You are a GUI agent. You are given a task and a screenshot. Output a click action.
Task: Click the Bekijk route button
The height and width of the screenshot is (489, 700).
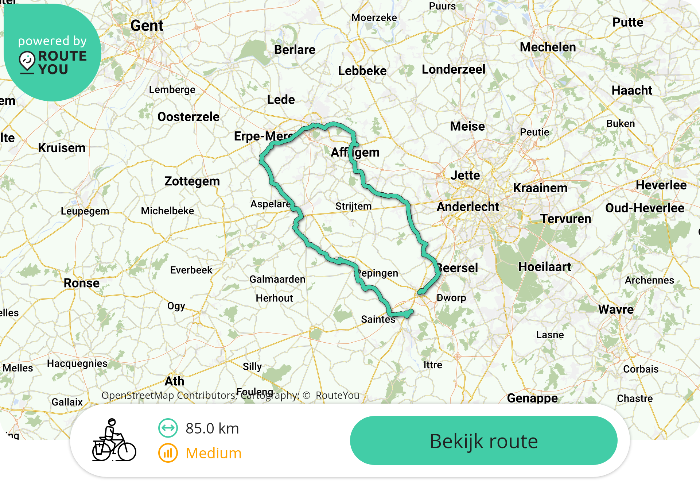click(x=483, y=441)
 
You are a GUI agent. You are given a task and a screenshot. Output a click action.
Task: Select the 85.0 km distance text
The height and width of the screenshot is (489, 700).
click(x=212, y=428)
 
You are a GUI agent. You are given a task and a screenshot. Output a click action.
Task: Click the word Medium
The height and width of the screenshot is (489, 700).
click(x=213, y=453)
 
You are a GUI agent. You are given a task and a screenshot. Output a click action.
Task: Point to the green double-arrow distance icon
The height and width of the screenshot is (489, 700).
click(x=168, y=428)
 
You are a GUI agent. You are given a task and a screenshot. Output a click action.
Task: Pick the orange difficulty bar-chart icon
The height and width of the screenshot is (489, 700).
click(x=168, y=453)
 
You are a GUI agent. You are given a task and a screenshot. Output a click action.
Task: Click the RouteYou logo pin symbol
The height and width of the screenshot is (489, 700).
click(x=27, y=62)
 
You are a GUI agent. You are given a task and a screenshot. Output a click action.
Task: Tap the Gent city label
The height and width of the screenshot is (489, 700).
click(x=147, y=26)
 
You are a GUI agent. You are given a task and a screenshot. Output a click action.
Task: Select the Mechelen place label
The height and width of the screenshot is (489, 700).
click(x=548, y=47)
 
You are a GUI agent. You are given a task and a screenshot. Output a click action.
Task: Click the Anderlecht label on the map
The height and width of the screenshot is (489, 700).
click(x=468, y=207)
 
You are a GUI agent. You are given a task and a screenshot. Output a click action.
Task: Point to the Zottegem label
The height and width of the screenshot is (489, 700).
click(x=192, y=181)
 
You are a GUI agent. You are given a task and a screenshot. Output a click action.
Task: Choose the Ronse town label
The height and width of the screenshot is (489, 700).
click(x=82, y=283)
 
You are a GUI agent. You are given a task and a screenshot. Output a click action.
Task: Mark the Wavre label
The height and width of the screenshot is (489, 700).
click(x=616, y=309)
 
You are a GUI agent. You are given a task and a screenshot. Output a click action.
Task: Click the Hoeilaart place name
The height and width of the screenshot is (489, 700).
click(x=545, y=267)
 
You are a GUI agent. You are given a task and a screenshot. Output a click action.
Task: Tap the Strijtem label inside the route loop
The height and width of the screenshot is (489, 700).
click(x=353, y=206)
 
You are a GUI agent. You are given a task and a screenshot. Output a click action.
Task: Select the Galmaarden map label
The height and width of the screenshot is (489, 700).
click(x=277, y=279)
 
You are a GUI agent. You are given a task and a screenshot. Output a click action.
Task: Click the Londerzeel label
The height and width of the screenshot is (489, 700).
click(x=453, y=69)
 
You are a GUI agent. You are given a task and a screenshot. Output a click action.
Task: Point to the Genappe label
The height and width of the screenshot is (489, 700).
click(x=532, y=398)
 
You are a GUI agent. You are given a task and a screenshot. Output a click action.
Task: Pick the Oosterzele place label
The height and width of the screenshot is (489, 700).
click(x=188, y=117)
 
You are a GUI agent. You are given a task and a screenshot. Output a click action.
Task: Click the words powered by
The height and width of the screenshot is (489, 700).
click(x=52, y=41)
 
